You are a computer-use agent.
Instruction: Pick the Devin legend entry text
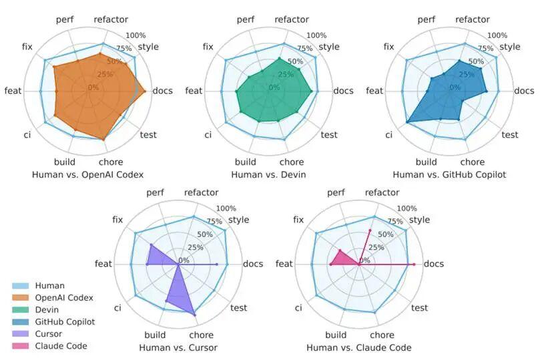[47, 310]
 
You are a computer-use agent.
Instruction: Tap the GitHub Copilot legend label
[65, 322]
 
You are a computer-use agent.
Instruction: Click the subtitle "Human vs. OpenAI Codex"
[87, 174]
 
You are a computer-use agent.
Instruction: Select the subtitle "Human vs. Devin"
[268, 174]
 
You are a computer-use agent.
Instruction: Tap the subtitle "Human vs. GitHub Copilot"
[449, 174]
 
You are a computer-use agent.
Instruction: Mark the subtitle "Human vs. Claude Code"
[358, 347]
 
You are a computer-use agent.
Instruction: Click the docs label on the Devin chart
[343, 91]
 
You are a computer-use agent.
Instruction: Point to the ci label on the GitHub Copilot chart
[388, 135]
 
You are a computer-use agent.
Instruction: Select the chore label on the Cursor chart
[201, 335]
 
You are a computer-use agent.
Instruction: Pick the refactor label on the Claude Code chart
[382, 193]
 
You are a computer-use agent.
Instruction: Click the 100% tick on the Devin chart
[316, 35]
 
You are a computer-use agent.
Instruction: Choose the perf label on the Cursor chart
[156, 193]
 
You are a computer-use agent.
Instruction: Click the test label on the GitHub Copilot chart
[509, 135]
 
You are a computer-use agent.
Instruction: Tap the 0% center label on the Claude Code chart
[365, 260]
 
